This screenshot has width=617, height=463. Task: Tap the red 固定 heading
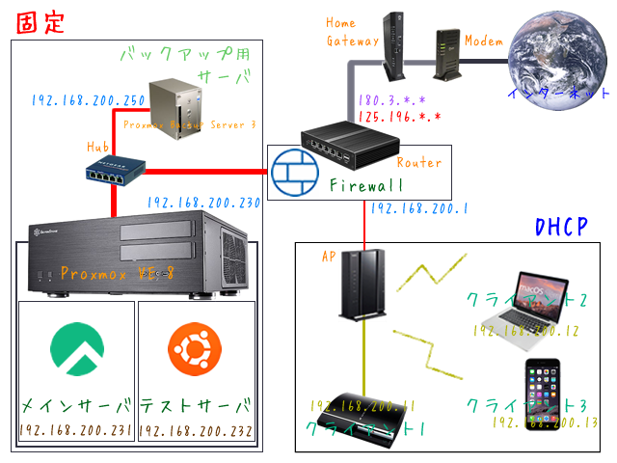coord(40,22)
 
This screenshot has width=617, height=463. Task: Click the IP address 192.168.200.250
coord(88,99)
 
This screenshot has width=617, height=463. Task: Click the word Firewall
coord(366,185)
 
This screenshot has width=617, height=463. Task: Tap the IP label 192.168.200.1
coord(419,208)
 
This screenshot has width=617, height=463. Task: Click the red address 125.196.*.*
coord(399,117)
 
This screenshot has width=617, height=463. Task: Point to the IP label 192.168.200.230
coord(203,204)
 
